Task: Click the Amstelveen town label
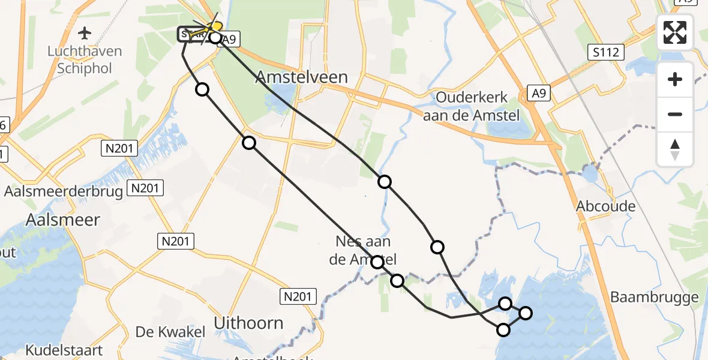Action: (x=302, y=77)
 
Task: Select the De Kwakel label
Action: (x=170, y=332)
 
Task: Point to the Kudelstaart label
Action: (x=64, y=350)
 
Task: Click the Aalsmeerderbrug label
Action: (x=64, y=191)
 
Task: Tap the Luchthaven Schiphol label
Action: (x=85, y=60)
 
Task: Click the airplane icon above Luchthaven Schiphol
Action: (x=85, y=32)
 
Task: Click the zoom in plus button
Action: (x=675, y=80)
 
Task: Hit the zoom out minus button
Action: (x=675, y=114)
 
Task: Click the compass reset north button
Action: (x=675, y=149)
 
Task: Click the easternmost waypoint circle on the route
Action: (x=526, y=313)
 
